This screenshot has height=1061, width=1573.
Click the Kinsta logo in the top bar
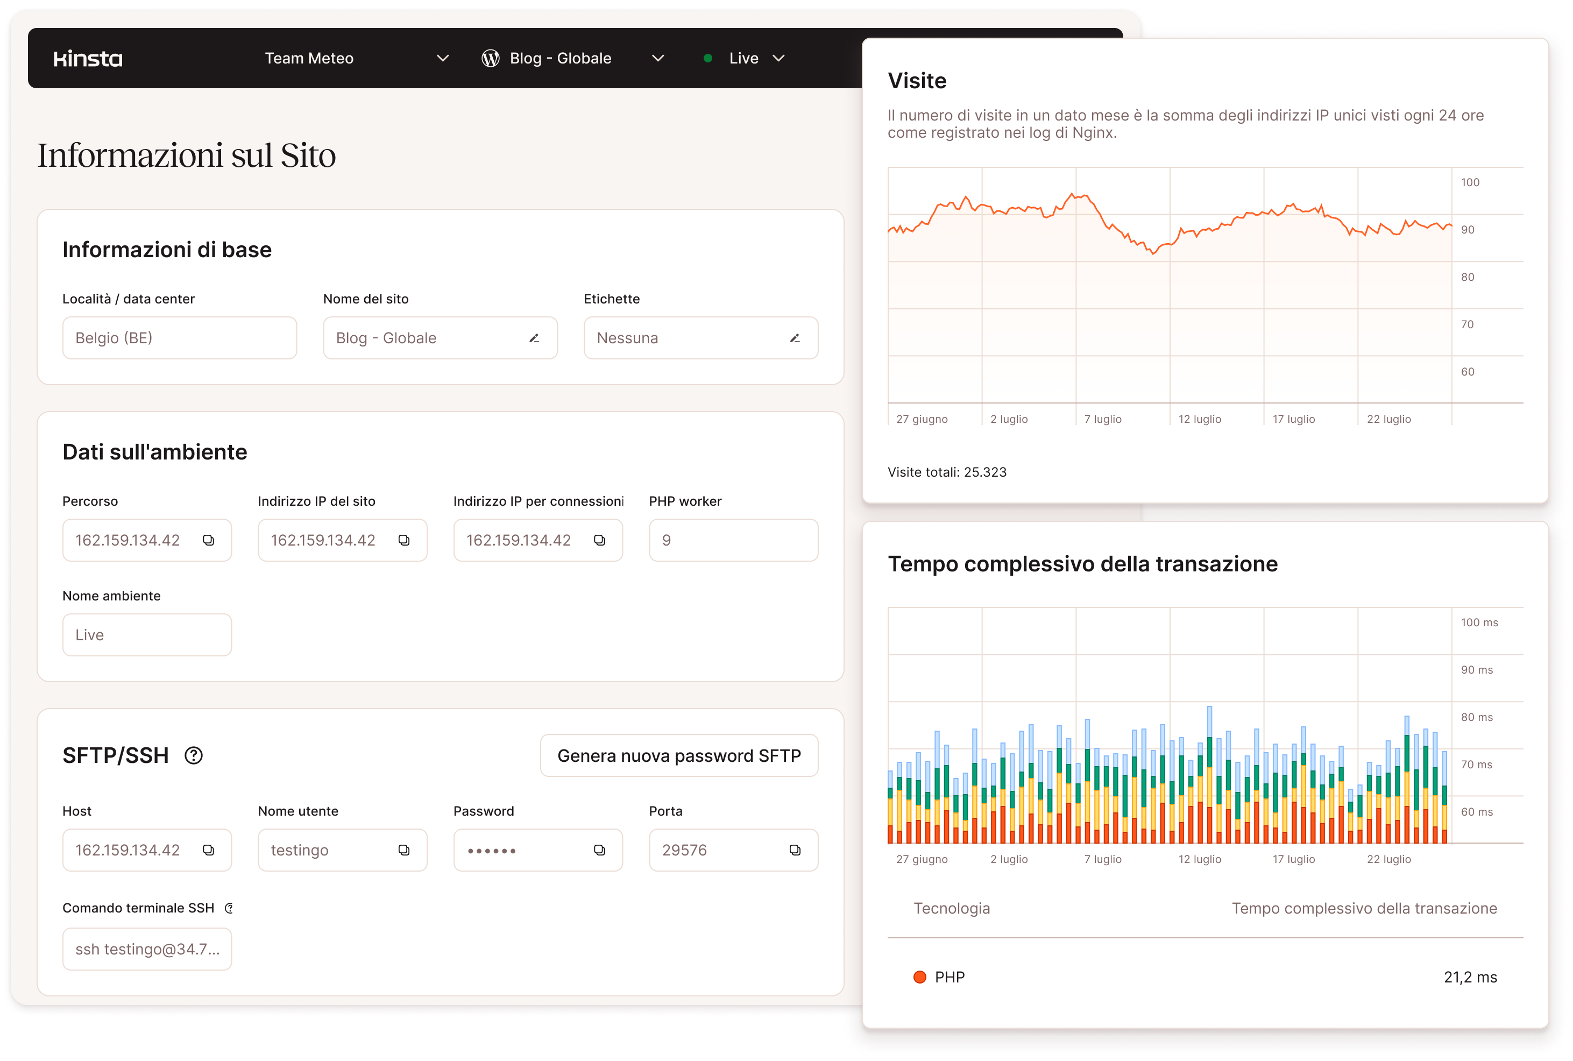click(88, 59)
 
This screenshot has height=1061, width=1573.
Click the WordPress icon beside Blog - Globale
click(491, 59)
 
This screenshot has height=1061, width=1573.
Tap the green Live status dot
click(707, 58)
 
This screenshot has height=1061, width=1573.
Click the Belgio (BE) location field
click(179, 338)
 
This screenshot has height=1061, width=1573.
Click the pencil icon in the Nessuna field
click(795, 338)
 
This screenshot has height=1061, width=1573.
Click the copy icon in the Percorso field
click(208, 540)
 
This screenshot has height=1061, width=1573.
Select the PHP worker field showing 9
click(733, 540)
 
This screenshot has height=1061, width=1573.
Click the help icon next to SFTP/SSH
click(194, 755)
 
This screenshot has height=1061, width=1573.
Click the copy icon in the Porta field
click(795, 850)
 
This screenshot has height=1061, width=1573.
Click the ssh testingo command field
click(147, 949)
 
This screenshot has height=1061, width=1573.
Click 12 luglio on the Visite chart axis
click(1200, 419)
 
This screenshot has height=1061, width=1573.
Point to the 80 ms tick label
click(1476, 717)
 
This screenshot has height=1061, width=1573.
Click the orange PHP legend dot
click(919, 977)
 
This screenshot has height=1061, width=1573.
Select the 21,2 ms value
click(1470, 977)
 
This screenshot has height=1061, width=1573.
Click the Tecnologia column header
click(951, 908)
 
